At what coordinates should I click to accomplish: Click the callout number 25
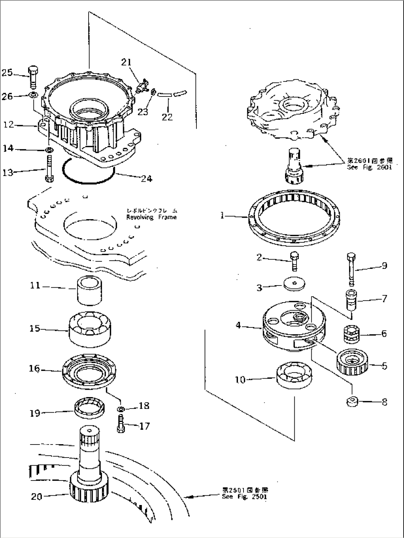pyautogui.click(x=7, y=73)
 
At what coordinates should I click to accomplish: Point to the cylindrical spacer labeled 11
pyautogui.click(x=89, y=290)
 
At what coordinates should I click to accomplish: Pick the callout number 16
pyautogui.click(x=34, y=369)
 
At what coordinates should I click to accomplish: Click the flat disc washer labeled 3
pyautogui.click(x=294, y=284)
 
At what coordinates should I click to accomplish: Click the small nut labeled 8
pyautogui.click(x=352, y=402)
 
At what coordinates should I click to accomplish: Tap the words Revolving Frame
pyautogui.click(x=151, y=217)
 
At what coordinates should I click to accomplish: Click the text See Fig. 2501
pyautogui.click(x=244, y=497)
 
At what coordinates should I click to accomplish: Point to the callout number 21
pyautogui.click(x=126, y=62)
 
